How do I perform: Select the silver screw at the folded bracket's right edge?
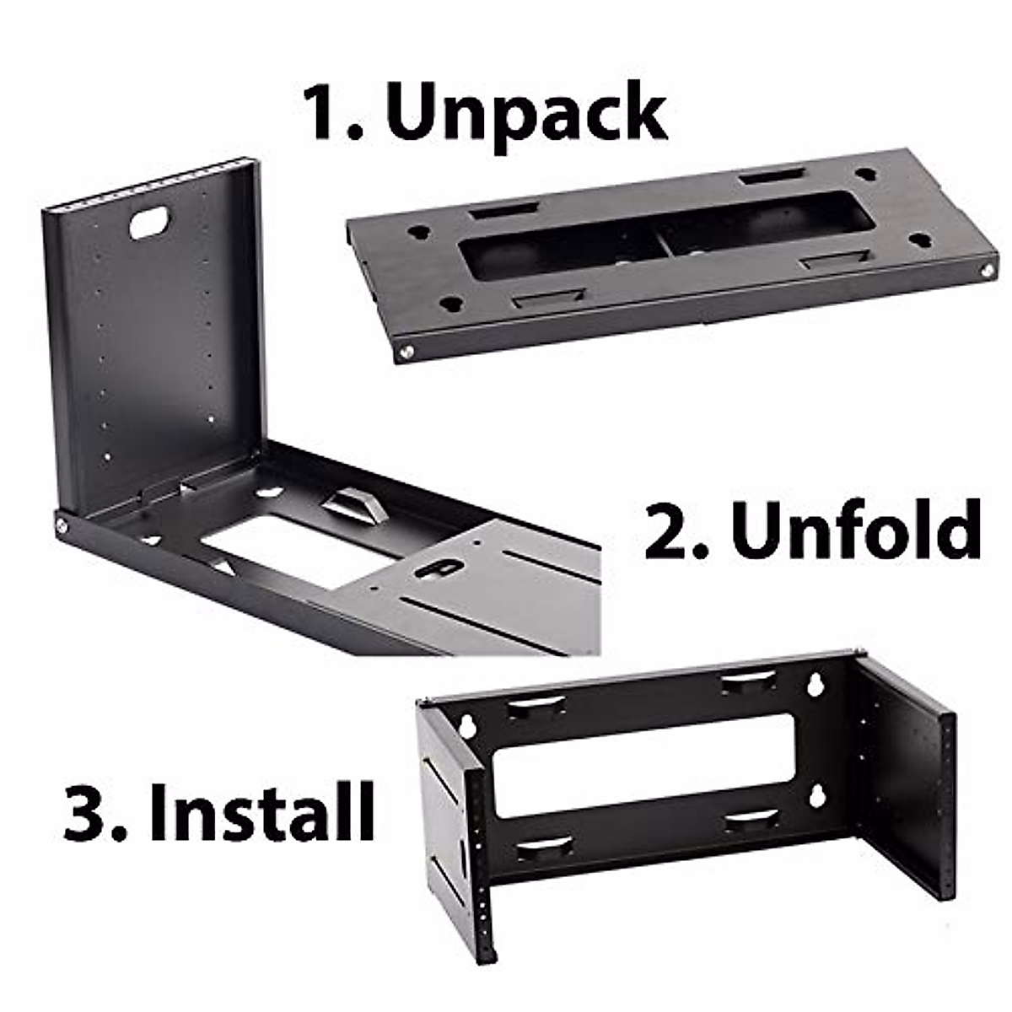985,270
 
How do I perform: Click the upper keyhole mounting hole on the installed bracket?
816,683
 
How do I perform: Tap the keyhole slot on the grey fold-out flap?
439,568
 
